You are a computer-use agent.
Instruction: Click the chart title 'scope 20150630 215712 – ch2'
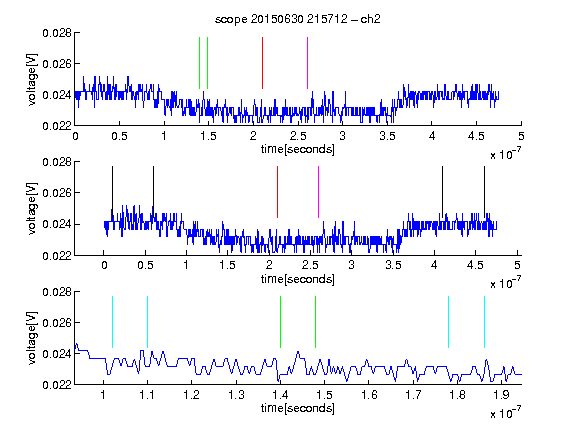[x=298, y=19]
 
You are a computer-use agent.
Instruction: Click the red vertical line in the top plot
[x=262, y=63]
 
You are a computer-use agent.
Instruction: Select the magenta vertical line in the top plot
[x=307, y=63]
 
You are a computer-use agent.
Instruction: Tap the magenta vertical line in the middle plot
[x=318, y=192]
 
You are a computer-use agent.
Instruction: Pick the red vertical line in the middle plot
[x=277, y=192]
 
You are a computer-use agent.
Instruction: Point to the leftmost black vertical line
[x=112, y=192]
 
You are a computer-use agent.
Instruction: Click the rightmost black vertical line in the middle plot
[x=484, y=192]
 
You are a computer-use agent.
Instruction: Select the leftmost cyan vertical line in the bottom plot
[x=112, y=322]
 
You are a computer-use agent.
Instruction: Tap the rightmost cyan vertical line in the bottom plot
[x=484, y=322]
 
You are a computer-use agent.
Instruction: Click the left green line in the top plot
[x=199, y=63]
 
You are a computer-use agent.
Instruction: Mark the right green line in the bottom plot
[x=316, y=322]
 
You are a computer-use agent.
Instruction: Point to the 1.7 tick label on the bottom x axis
[x=413, y=395]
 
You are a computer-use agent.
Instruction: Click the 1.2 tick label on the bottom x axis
[x=192, y=395]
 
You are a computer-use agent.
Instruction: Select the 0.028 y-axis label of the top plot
[x=57, y=33]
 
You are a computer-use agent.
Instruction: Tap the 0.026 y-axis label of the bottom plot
[x=57, y=323]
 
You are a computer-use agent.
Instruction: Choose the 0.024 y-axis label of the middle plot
[x=57, y=224]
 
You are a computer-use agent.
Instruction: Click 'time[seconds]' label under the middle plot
[x=298, y=279]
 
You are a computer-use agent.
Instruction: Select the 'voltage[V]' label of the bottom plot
[x=32, y=338]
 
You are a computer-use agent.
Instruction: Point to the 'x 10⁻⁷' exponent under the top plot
[x=505, y=154]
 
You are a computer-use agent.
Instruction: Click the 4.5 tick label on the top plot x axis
[x=476, y=136]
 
